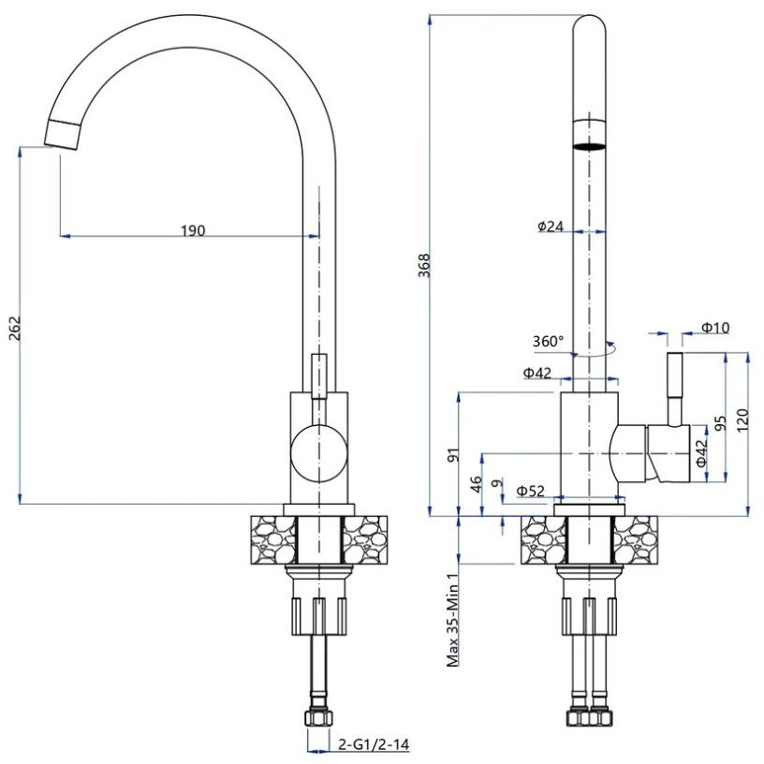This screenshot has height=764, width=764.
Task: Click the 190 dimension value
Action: click(x=193, y=230)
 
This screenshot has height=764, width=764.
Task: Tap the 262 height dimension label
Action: click(x=15, y=329)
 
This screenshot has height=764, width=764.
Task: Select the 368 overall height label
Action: click(x=425, y=266)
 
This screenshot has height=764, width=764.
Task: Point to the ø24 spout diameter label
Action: click(x=551, y=226)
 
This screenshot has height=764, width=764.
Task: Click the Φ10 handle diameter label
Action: click(x=715, y=328)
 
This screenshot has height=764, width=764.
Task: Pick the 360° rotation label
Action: click(x=548, y=341)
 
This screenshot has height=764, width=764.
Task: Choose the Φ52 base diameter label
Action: click(x=530, y=491)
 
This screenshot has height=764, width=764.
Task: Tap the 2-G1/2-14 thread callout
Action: click(x=374, y=744)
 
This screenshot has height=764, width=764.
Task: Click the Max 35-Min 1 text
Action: click(x=453, y=619)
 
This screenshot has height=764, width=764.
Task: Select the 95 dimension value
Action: click(x=720, y=423)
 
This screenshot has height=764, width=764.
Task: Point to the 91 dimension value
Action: click(x=453, y=455)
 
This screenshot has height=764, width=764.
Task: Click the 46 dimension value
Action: click(x=476, y=484)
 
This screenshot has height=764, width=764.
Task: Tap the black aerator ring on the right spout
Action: click(x=589, y=146)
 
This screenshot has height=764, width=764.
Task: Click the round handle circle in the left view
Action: click(x=318, y=453)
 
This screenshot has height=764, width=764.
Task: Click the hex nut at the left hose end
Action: click(x=318, y=717)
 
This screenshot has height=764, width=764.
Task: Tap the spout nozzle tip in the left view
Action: click(x=63, y=135)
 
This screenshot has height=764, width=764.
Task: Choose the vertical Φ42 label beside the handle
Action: click(x=700, y=453)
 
